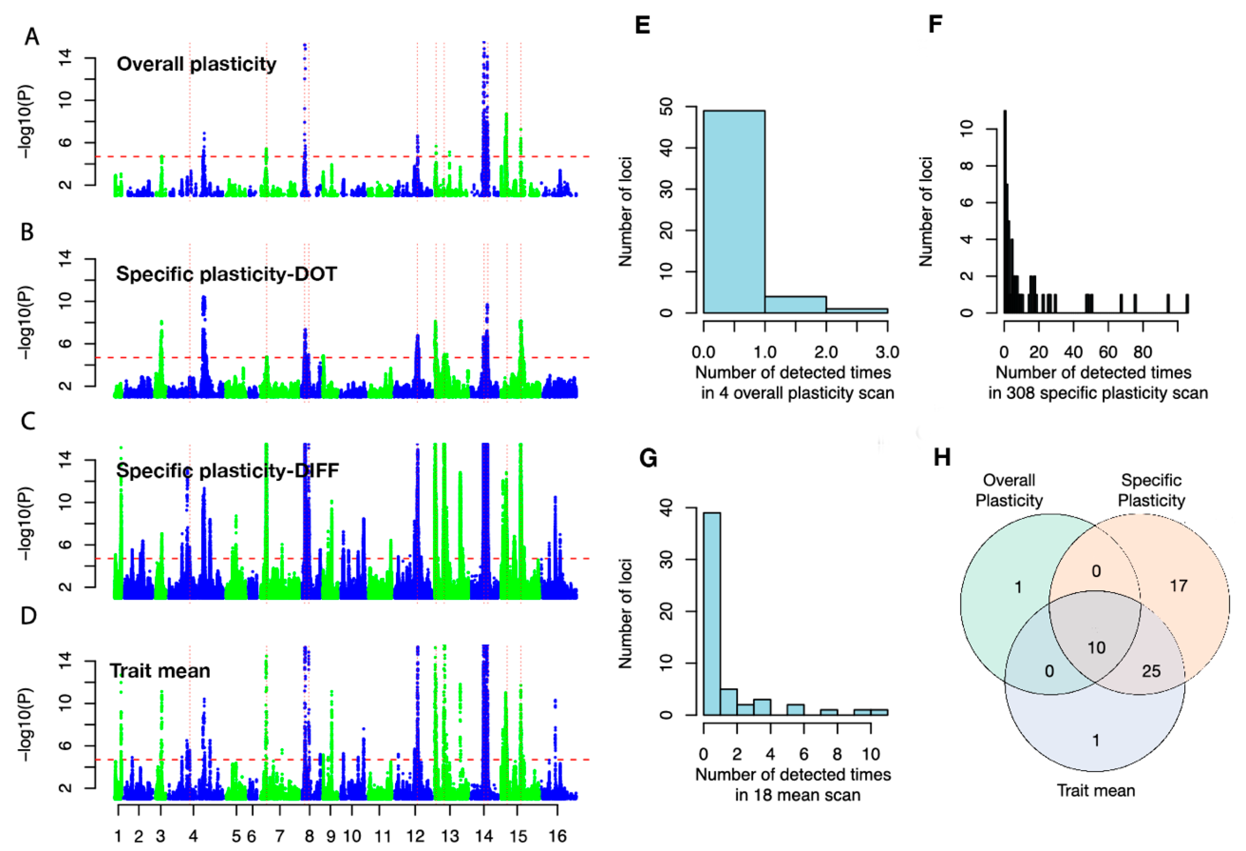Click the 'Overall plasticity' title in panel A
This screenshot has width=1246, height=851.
click(196, 64)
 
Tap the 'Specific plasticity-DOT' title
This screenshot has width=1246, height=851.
click(226, 274)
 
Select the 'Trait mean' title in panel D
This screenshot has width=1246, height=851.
click(160, 671)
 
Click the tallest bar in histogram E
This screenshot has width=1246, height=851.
click(734, 212)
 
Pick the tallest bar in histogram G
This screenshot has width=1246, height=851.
click(712, 613)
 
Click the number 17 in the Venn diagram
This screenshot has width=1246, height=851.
click(1178, 586)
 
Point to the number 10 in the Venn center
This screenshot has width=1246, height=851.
click(1096, 648)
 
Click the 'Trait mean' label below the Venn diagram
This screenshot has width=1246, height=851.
click(1095, 790)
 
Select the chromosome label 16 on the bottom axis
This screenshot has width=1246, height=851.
click(557, 836)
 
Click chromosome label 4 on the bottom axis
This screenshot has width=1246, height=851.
click(193, 836)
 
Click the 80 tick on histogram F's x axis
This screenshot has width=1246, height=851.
click(1142, 352)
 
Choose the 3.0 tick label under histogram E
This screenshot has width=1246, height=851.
click(887, 352)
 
